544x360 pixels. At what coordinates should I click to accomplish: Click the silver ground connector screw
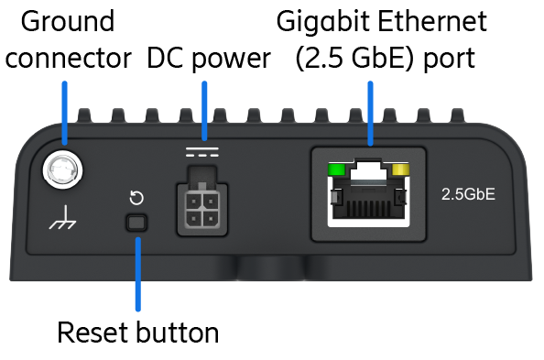(63, 170)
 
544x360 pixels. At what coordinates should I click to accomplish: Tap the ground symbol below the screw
(62, 218)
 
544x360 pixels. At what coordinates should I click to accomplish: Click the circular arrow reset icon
(136, 198)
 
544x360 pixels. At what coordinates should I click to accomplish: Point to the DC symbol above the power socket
(202, 152)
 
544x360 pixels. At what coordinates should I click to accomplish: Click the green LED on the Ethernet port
(336, 169)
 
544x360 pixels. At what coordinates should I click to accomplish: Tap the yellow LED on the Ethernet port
(400, 169)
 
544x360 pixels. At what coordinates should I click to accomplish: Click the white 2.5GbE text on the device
(468, 194)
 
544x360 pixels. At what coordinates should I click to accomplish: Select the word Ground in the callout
(68, 21)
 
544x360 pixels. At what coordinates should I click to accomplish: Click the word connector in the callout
(69, 58)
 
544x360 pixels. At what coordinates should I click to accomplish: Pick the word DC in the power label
(165, 58)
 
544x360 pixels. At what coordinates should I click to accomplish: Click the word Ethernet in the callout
(432, 21)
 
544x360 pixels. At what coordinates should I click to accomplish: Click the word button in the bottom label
(178, 333)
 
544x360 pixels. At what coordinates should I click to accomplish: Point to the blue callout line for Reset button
(138, 274)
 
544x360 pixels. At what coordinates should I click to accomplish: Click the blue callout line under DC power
(204, 111)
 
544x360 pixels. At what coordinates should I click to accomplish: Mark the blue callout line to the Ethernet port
(370, 114)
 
